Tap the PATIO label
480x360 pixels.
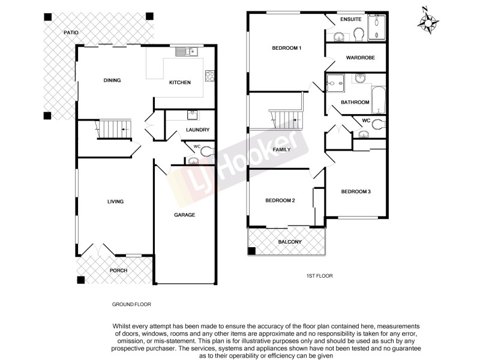pos(71,32)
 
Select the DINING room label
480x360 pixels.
pos(112,80)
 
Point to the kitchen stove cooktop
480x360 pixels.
pos(210,76)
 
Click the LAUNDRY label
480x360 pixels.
pos(197,130)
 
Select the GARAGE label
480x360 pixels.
pos(184,215)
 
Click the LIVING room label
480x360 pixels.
pos(115,202)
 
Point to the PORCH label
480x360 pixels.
pos(118,271)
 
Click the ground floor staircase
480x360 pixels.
pos(113,129)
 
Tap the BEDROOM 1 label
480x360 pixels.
pos(287,48)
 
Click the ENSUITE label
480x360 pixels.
pos(350,20)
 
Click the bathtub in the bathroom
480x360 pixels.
pos(378,100)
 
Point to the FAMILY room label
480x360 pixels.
pos(281,149)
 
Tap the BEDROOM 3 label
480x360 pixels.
pos(356,191)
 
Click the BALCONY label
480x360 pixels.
pos(290,242)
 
